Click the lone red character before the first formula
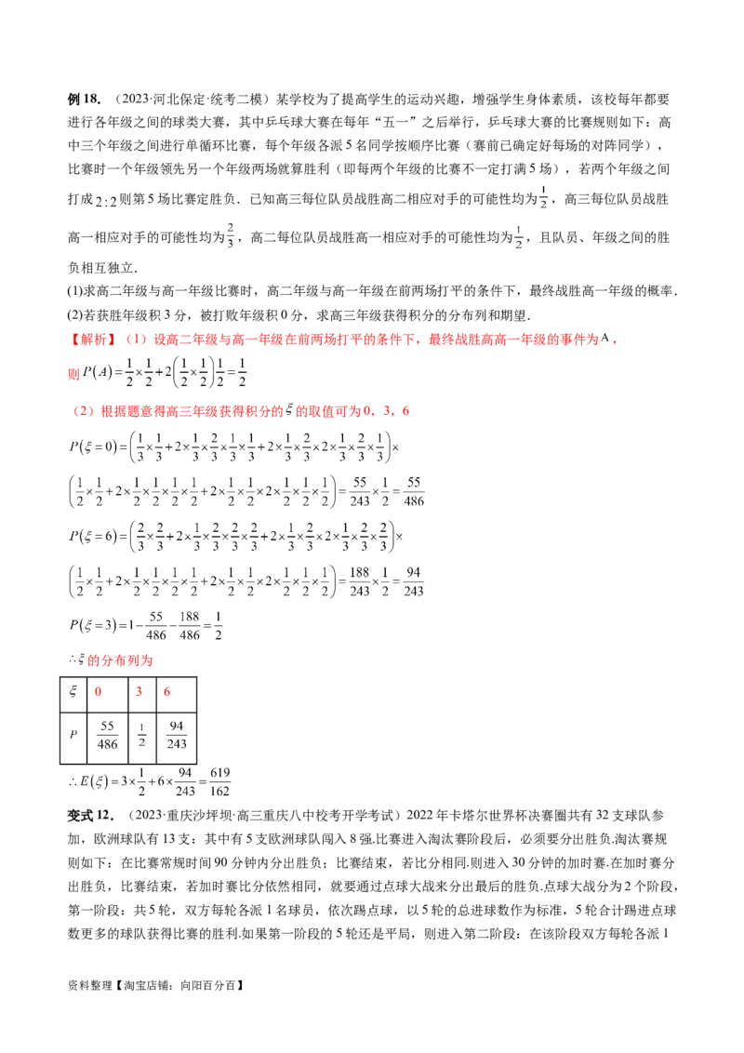tap(72, 374)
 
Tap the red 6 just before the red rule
tap(405, 410)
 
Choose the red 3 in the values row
tap(138, 691)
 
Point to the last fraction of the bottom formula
tap(219, 780)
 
